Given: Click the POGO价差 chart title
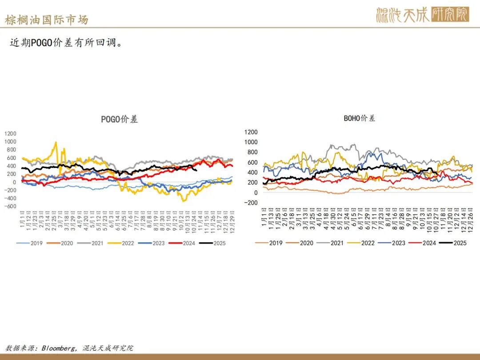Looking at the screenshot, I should (x=120, y=119).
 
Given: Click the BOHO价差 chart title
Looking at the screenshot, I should (x=360, y=118).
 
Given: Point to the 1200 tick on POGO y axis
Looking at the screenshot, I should (x=10, y=133).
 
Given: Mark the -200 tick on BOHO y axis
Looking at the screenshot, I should (x=251, y=203).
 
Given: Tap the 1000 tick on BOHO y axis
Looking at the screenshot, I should (x=251, y=142).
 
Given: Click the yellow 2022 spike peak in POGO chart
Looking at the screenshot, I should (x=56, y=143).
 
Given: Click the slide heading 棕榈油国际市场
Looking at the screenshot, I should (x=47, y=20).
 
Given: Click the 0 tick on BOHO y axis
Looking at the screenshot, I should (x=255, y=192).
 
